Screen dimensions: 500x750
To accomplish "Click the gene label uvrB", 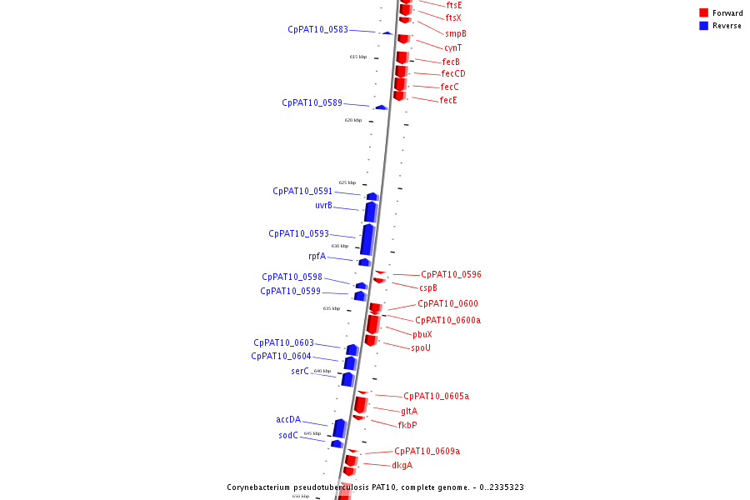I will pyautogui.click(x=323, y=205).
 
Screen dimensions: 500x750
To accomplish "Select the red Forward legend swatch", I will pyautogui.click(x=703, y=12).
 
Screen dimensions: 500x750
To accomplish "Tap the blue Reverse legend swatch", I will pyautogui.click(x=703, y=26).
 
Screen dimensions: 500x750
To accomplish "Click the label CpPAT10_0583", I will pyautogui.click(x=317, y=29).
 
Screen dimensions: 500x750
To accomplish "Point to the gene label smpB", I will pyautogui.click(x=455, y=33).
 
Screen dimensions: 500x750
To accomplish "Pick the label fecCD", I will pyautogui.click(x=453, y=73).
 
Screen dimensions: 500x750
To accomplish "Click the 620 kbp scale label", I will pyautogui.click(x=353, y=120).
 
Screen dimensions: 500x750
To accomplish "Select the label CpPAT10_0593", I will pyautogui.click(x=298, y=233).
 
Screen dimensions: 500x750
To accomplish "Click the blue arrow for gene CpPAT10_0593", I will pyautogui.click(x=367, y=239).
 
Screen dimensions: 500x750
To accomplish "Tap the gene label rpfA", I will pyautogui.click(x=317, y=256).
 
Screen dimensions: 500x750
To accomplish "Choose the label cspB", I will pyautogui.click(x=427, y=287).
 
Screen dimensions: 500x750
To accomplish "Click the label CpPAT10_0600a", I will pyautogui.click(x=447, y=320).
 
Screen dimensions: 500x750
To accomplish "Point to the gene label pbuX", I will pyautogui.click(x=422, y=334).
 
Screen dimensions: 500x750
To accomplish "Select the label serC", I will pyautogui.click(x=299, y=371).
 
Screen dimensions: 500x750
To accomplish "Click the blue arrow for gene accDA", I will pyautogui.click(x=339, y=427).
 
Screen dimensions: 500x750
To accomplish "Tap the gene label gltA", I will pyautogui.click(x=409, y=411).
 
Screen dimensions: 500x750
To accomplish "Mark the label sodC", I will pyautogui.click(x=287, y=435).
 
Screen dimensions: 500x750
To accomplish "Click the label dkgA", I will pyautogui.click(x=402, y=465).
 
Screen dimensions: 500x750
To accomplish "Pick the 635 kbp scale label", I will pyautogui.click(x=332, y=308).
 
